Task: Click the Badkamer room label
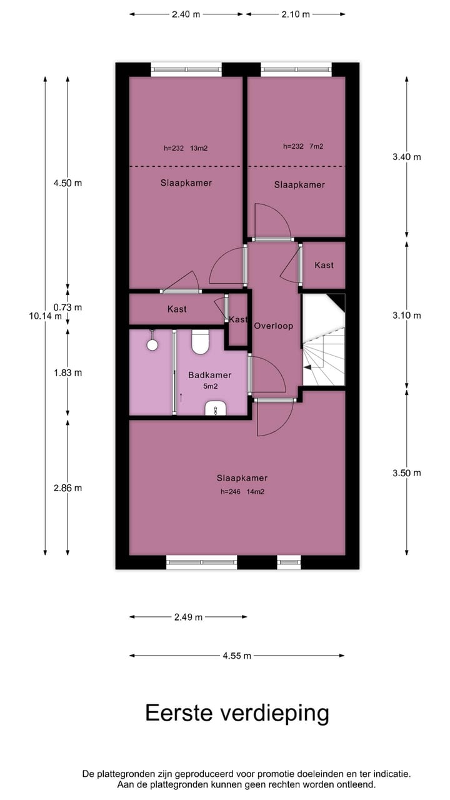[x=210, y=375]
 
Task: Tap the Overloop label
[x=273, y=326]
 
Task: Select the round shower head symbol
[x=151, y=344]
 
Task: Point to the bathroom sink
[x=216, y=409]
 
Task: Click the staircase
[x=323, y=341]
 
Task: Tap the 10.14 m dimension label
[x=46, y=316]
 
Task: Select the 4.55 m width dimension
[x=237, y=656]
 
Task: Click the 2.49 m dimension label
[x=188, y=617]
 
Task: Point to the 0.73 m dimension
[x=67, y=307]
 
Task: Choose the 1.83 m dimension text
[x=67, y=372]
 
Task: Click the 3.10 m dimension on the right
[x=406, y=315]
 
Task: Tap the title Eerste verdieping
[x=237, y=712]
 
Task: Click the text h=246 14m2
[x=237, y=491]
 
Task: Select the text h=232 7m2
[x=303, y=146]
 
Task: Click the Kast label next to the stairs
[x=324, y=265]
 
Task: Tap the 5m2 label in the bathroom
[x=210, y=386]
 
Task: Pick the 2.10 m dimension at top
[x=296, y=14]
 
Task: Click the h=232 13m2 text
[x=186, y=148]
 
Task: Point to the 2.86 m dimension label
[x=67, y=487]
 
